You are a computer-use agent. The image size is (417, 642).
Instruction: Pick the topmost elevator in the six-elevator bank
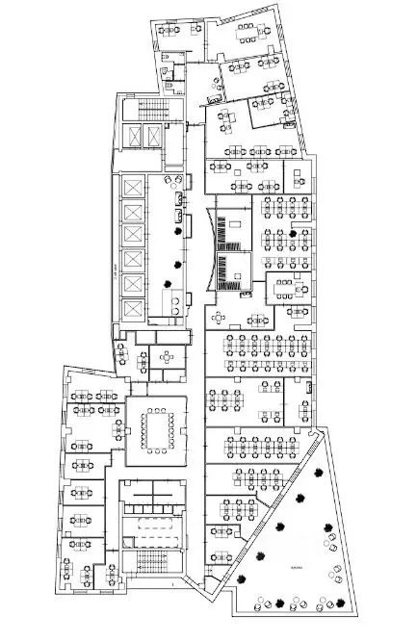pyautogui.click(x=131, y=190)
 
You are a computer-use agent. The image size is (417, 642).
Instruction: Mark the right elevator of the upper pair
pyautogui.click(x=153, y=136)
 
